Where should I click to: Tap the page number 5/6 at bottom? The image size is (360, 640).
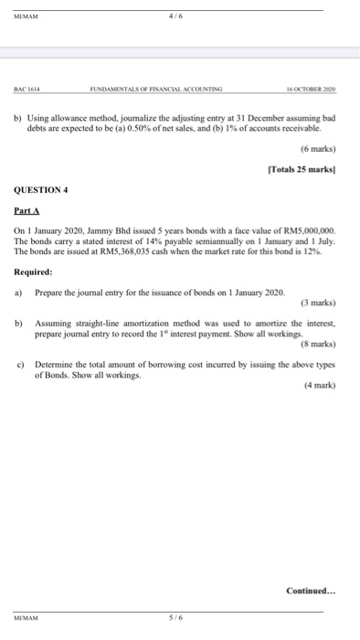pyautogui.click(x=173, y=616)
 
